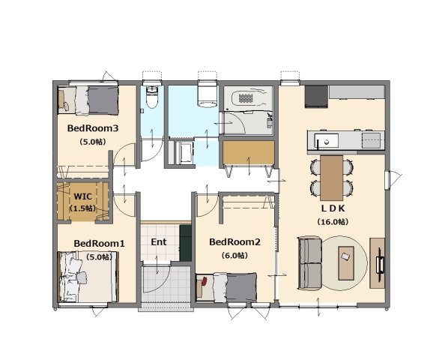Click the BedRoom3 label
pos(93,128)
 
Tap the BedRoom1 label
pos(99,244)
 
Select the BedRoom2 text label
pos(234,242)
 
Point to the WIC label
pos(82,196)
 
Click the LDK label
pos(333,208)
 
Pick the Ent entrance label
pos(159,242)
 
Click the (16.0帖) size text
pos(333,222)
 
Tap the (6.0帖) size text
pos(234,256)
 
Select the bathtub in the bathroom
pos(248,98)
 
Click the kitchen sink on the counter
pos(327,141)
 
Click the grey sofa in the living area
pos(310,264)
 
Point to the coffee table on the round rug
pos(346,263)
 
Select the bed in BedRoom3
pos(88,100)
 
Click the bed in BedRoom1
pos(88,277)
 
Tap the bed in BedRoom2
pos(226,287)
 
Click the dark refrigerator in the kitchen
pos(316,97)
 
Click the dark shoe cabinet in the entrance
pos(186,243)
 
